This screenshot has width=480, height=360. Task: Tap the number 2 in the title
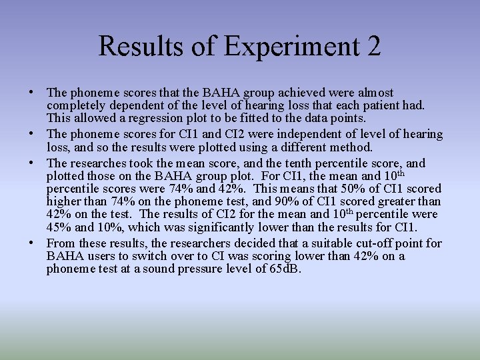click(373, 47)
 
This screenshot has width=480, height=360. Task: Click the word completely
click(75, 105)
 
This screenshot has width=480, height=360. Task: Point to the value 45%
click(60, 227)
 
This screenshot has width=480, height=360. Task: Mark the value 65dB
click(285, 269)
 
